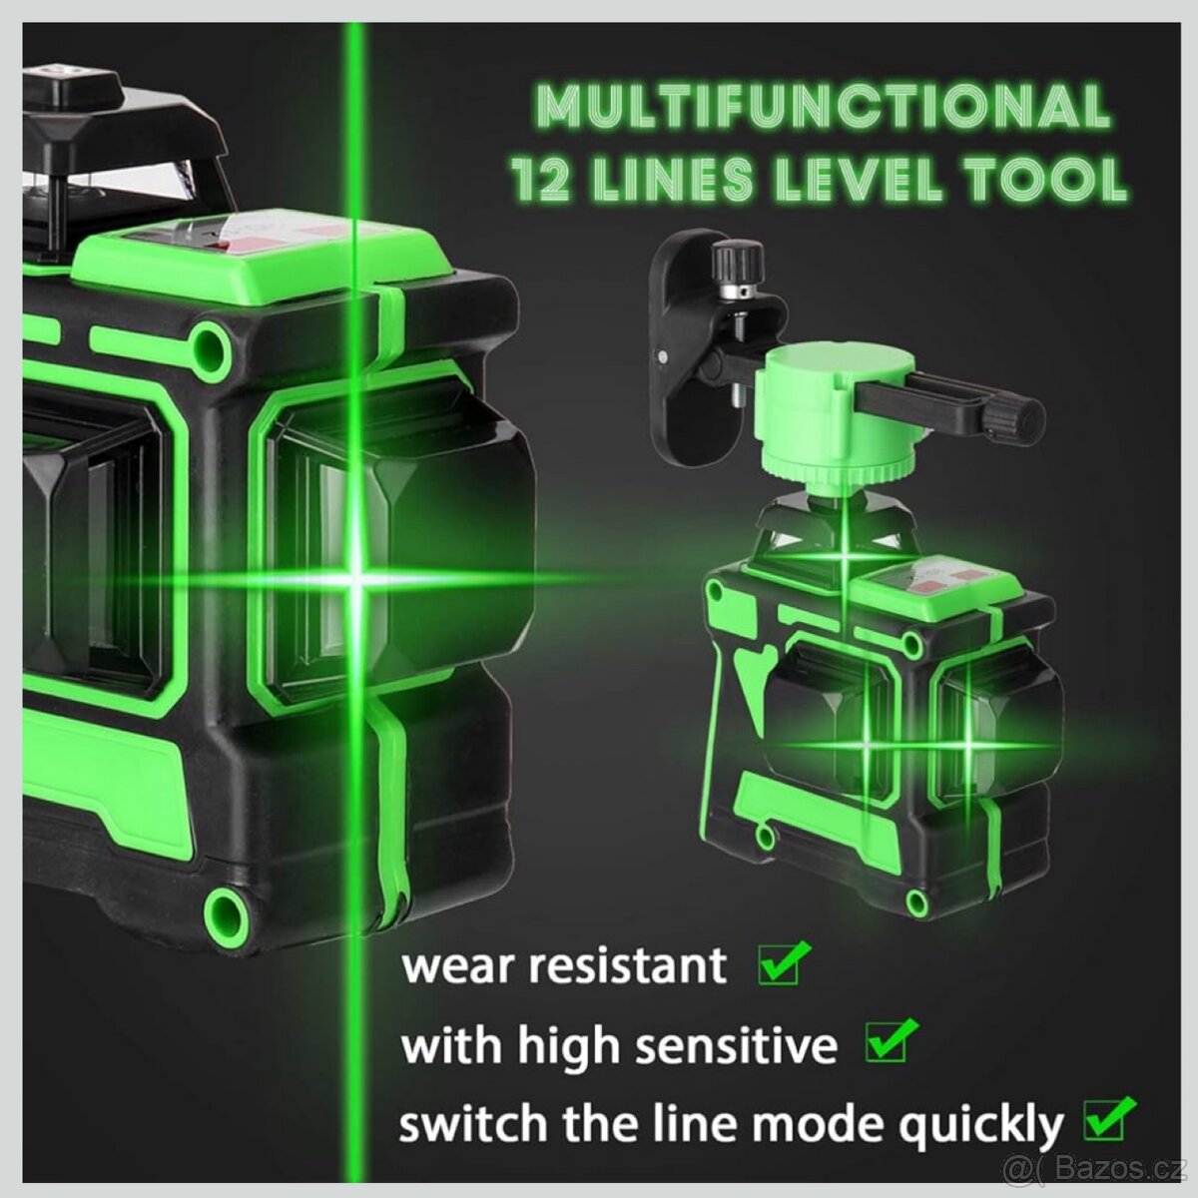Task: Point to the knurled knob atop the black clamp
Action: [738, 264]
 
